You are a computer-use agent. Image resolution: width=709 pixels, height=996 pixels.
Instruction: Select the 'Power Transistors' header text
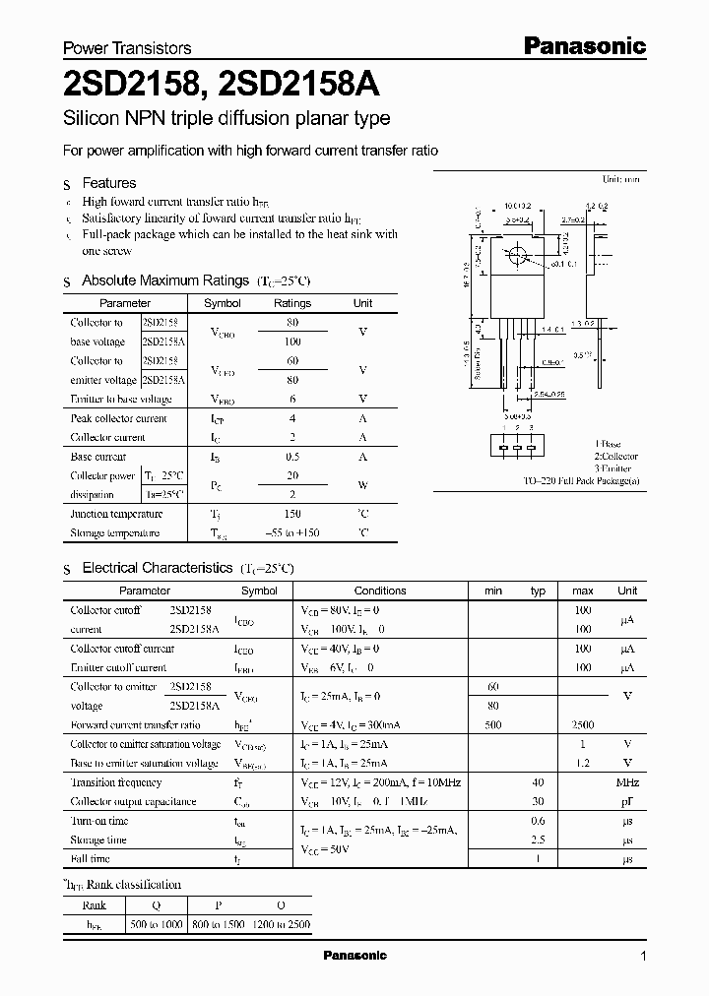point(127,47)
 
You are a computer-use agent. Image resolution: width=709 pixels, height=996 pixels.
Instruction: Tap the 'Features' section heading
point(108,183)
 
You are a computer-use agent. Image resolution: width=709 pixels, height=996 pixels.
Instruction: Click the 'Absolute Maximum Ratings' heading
point(164,280)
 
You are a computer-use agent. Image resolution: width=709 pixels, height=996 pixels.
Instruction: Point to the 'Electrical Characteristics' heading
point(157,568)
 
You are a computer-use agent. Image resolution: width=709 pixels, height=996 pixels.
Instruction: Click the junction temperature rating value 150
point(291,514)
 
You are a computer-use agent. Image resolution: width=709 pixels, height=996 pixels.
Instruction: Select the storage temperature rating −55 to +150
point(291,532)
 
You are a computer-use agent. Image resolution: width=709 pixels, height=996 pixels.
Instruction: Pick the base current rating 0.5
point(291,457)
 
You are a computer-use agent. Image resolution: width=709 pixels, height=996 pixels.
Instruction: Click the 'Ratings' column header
point(291,304)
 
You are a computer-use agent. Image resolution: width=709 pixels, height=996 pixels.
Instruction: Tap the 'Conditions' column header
point(379,591)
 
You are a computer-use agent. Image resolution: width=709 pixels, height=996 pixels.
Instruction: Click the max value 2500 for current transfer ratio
point(582,724)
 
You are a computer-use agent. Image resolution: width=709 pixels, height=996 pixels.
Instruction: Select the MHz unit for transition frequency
point(627,782)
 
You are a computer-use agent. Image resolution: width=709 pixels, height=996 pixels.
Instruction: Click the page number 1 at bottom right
point(643,957)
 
